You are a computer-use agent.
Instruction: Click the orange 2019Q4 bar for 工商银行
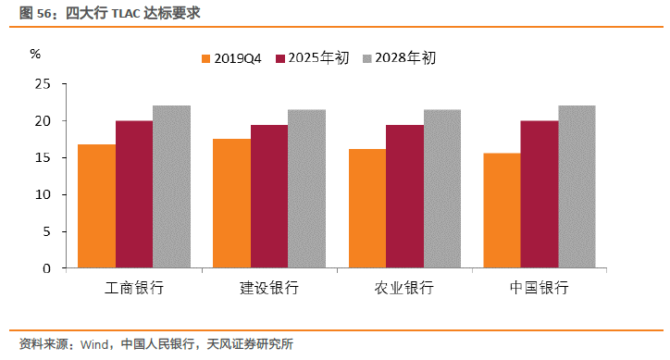pyautogui.click(x=96, y=206)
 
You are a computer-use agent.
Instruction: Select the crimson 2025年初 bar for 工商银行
pyautogui.click(x=134, y=194)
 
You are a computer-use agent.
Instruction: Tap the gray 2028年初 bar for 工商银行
pyautogui.click(x=171, y=187)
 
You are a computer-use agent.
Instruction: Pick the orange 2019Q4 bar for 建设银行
pyautogui.click(x=231, y=204)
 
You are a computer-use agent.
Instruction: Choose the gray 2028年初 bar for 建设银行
pyautogui.click(x=306, y=189)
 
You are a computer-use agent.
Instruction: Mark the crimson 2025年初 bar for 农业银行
pyautogui.click(x=404, y=196)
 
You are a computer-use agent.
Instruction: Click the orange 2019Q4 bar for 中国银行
pyautogui.click(x=502, y=210)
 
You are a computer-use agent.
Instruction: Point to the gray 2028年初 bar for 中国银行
pyautogui.click(x=577, y=187)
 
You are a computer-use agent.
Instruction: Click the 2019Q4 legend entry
pyautogui.click(x=231, y=58)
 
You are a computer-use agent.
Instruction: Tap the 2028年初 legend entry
pyautogui.click(x=396, y=58)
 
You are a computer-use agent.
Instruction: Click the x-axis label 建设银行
pyautogui.click(x=269, y=288)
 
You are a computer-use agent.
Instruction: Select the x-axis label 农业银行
pyautogui.click(x=404, y=288)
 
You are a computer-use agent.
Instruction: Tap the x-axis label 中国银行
pyautogui.click(x=540, y=288)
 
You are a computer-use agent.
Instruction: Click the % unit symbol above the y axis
pyautogui.click(x=35, y=54)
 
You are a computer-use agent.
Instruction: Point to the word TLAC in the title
pyautogui.click(x=128, y=14)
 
